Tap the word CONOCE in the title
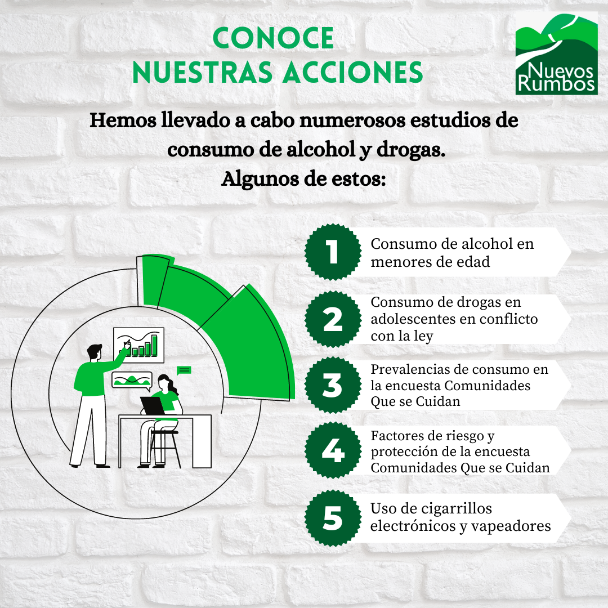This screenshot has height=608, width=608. pyautogui.click(x=274, y=38)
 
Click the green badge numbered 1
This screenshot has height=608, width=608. pyautogui.click(x=333, y=252)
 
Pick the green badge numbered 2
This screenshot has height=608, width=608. pyautogui.click(x=333, y=319)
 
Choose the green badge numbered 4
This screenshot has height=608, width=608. pyautogui.click(x=333, y=451)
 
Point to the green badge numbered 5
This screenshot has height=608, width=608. pyautogui.click(x=333, y=518)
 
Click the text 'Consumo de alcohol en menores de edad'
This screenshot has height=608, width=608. pyautogui.click(x=452, y=252)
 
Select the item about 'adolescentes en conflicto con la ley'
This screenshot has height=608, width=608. pyautogui.click(x=454, y=319)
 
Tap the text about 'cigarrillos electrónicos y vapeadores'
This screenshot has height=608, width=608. pyautogui.click(x=460, y=517)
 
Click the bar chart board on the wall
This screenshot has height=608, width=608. pyautogui.click(x=138, y=345)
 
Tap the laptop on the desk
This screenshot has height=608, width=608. pyautogui.click(x=152, y=405)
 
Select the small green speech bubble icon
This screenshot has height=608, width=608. pyautogui.click(x=184, y=370)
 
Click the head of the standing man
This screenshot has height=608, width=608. pyautogui.click(x=95, y=353)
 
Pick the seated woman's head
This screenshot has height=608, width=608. pyautogui.click(x=165, y=383)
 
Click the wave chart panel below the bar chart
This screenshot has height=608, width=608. pyautogui.click(x=132, y=381)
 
